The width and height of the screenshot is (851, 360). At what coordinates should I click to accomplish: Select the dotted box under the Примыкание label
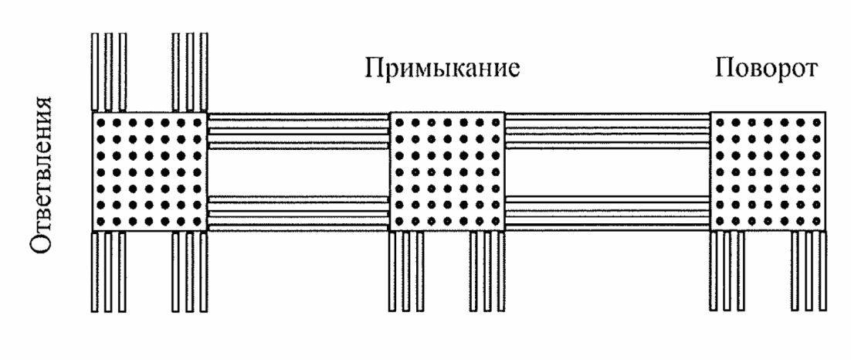tap(446, 172)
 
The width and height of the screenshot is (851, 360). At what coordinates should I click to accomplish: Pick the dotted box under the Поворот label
tap(768, 172)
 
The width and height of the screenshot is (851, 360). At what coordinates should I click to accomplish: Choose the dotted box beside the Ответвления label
tap(149, 172)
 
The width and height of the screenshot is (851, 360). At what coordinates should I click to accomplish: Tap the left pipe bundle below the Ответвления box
tap(109, 271)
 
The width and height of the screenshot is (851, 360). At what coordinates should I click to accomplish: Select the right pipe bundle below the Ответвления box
tap(190, 271)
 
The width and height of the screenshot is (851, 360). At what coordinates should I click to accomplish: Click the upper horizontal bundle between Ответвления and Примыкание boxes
tap(298, 131)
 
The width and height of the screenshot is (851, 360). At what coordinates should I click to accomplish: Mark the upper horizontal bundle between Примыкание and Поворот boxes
tap(607, 131)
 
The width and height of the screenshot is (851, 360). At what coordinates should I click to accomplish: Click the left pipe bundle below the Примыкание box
tap(406, 271)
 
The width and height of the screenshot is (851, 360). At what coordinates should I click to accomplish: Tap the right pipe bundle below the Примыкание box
tap(487, 271)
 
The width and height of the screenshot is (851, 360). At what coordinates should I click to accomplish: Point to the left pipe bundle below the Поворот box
tap(727, 271)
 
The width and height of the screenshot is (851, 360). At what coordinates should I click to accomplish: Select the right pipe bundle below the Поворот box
tap(809, 271)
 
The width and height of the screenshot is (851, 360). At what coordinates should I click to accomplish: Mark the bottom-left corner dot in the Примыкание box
tap(399, 222)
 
